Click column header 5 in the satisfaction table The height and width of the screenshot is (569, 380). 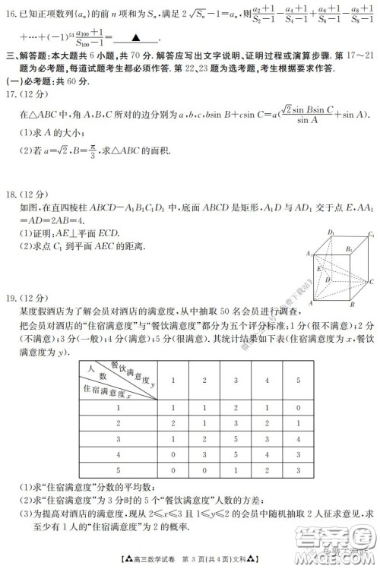pos(298,379)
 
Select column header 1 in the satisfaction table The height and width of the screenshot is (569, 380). pos(173,379)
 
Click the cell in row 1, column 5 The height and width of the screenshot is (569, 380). pos(298,407)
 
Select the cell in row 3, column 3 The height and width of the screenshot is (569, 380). pos(236,439)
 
